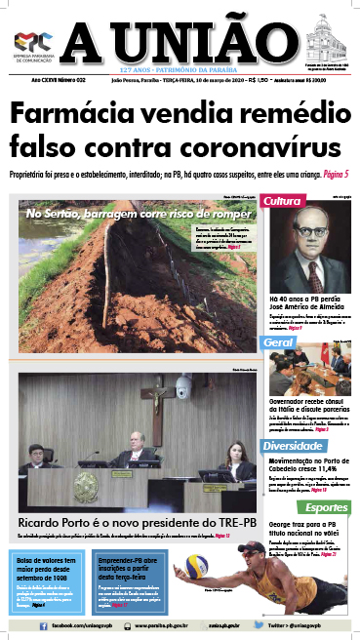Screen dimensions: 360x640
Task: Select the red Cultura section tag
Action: pyautogui.click(x=283, y=201)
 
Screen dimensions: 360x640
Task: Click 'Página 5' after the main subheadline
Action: pyautogui.click(x=330, y=175)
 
